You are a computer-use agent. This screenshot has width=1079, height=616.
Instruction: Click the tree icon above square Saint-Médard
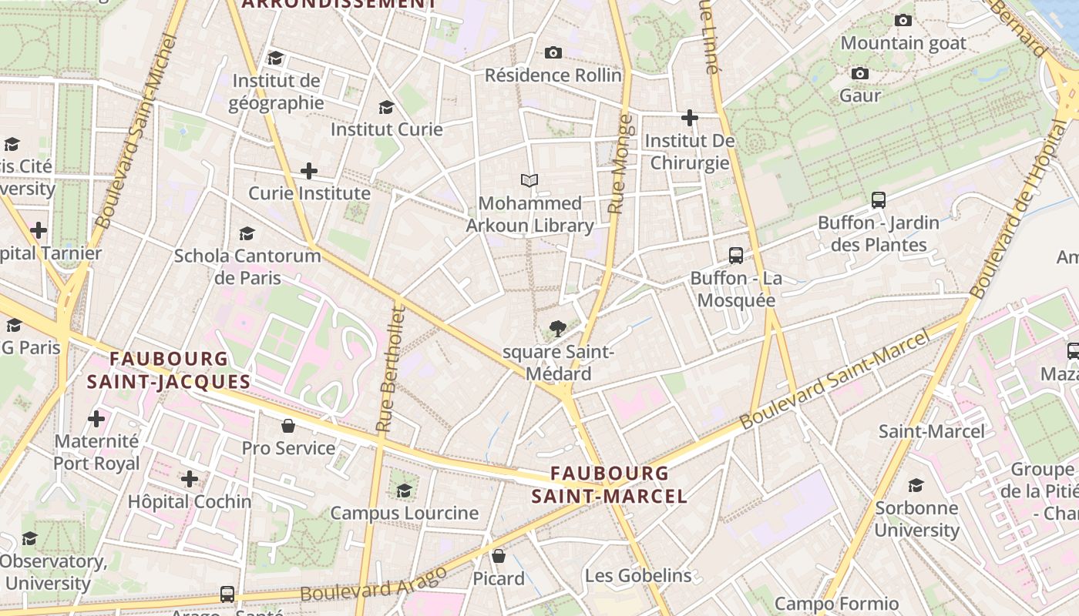558,330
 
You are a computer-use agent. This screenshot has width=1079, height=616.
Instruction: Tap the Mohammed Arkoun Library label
529,214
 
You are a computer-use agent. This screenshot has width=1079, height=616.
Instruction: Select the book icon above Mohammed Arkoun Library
529,181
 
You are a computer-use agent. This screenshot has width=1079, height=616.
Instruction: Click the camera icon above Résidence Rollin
553,52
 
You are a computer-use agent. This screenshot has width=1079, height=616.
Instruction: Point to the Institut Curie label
386,129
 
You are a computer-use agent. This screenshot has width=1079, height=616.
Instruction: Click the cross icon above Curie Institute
309,170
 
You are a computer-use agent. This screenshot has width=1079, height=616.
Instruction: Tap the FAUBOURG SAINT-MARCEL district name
609,484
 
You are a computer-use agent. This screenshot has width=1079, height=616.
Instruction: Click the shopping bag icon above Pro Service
288,426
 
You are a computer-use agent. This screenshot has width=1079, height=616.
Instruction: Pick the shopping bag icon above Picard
499,556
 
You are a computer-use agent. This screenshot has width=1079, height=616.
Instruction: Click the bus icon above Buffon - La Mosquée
736,256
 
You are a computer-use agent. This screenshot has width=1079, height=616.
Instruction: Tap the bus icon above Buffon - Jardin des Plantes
878,200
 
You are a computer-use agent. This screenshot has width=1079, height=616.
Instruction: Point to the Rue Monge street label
620,164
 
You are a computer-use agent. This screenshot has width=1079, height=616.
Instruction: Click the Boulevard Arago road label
374,584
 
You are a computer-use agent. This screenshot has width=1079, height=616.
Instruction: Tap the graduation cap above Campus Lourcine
404,490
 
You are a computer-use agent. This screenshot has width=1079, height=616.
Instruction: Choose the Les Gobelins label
637,576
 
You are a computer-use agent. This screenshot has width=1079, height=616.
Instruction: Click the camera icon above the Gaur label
860,74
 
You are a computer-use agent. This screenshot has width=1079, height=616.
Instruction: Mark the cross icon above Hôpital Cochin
190,479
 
